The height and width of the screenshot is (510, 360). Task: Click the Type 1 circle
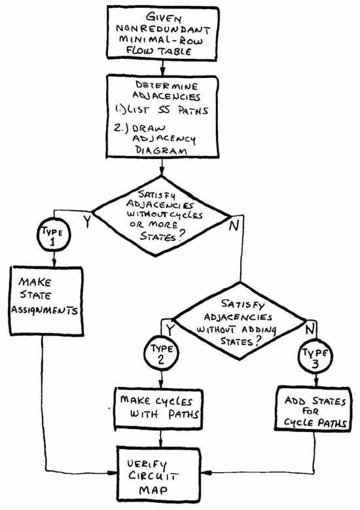(x=54, y=235)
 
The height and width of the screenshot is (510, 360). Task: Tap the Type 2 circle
(x=161, y=354)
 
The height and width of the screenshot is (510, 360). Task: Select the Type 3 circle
(x=315, y=357)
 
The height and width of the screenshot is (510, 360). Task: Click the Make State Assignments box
(x=46, y=301)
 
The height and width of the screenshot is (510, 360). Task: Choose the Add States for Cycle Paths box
(x=313, y=409)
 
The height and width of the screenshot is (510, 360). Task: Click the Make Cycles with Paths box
(x=158, y=408)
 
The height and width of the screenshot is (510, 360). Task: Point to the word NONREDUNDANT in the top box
(x=163, y=29)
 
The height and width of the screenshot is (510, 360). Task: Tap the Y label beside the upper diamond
(x=86, y=221)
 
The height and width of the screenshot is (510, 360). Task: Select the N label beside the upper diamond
(x=234, y=225)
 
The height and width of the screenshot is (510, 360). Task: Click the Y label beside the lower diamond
(x=170, y=329)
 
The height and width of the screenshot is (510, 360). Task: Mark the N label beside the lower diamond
(x=310, y=329)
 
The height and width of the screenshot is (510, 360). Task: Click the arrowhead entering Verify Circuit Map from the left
(x=112, y=473)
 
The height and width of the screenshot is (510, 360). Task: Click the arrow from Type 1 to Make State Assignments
(x=54, y=259)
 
